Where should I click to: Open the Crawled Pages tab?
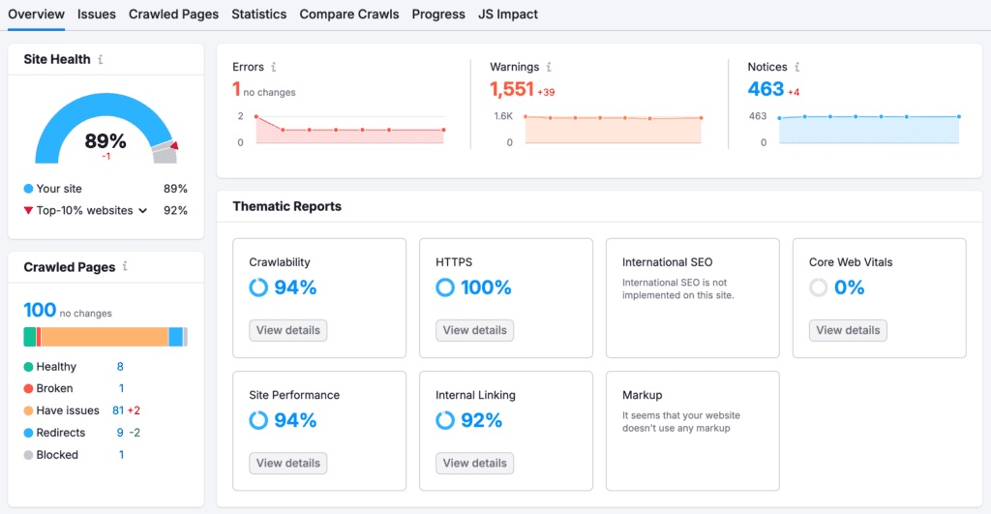point(173,15)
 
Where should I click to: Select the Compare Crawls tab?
point(349,15)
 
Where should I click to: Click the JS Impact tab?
point(508,15)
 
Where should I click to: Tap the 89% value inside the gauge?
point(105,141)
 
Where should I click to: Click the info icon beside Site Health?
point(101,59)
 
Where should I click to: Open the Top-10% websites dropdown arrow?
point(143,210)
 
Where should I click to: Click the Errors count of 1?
point(236,89)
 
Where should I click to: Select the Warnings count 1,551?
point(512,89)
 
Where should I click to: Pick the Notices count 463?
point(766,89)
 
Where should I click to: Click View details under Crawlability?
point(288,330)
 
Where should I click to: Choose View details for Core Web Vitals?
point(848,330)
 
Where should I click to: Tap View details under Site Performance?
point(288,463)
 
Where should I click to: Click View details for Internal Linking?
point(475,463)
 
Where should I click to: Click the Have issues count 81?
point(118,410)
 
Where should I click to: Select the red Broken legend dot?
point(29,388)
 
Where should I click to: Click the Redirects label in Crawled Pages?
point(61,433)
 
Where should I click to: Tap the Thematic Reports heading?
point(287,206)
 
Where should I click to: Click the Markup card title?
point(643,395)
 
